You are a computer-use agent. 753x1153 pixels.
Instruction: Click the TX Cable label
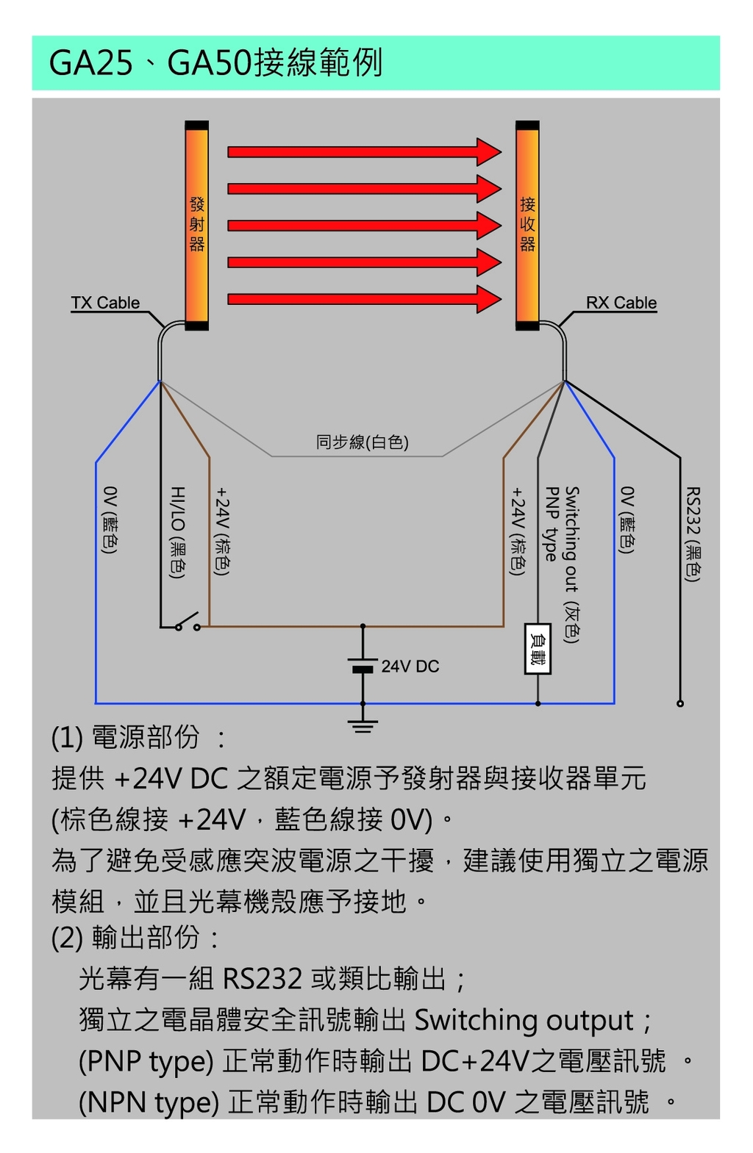pyautogui.click(x=105, y=303)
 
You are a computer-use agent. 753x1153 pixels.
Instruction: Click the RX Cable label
pyautogui.click(x=621, y=303)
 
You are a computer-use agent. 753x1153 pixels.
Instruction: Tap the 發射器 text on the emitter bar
pyautogui.click(x=197, y=224)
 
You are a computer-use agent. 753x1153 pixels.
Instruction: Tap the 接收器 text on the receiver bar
pyautogui.click(x=527, y=224)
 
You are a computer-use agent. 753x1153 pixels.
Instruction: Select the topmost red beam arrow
pyautogui.click(x=364, y=152)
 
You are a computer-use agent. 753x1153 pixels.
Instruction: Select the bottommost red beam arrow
pyautogui.click(x=364, y=299)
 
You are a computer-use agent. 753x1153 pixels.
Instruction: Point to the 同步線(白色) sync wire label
pyautogui.click(x=362, y=442)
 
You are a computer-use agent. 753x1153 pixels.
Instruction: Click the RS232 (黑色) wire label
pyautogui.click(x=692, y=534)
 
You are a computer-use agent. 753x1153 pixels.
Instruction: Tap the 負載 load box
pyautogui.click(x=538, y=649)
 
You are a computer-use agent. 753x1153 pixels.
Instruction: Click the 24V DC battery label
pyautogui.click(x=410, y=667)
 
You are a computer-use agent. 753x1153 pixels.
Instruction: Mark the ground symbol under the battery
pyautogui.click(x=363, y=727)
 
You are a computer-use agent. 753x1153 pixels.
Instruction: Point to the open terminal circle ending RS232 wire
pyautogui.click(x=680, y=703)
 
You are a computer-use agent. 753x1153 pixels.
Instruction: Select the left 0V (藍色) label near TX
pyautogui.click(x=110, y=520)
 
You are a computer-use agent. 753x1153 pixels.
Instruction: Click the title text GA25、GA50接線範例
pyautogui.click(x=215, y=62)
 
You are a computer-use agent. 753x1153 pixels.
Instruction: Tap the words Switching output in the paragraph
pyautogui.click(x=524, y=1020)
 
